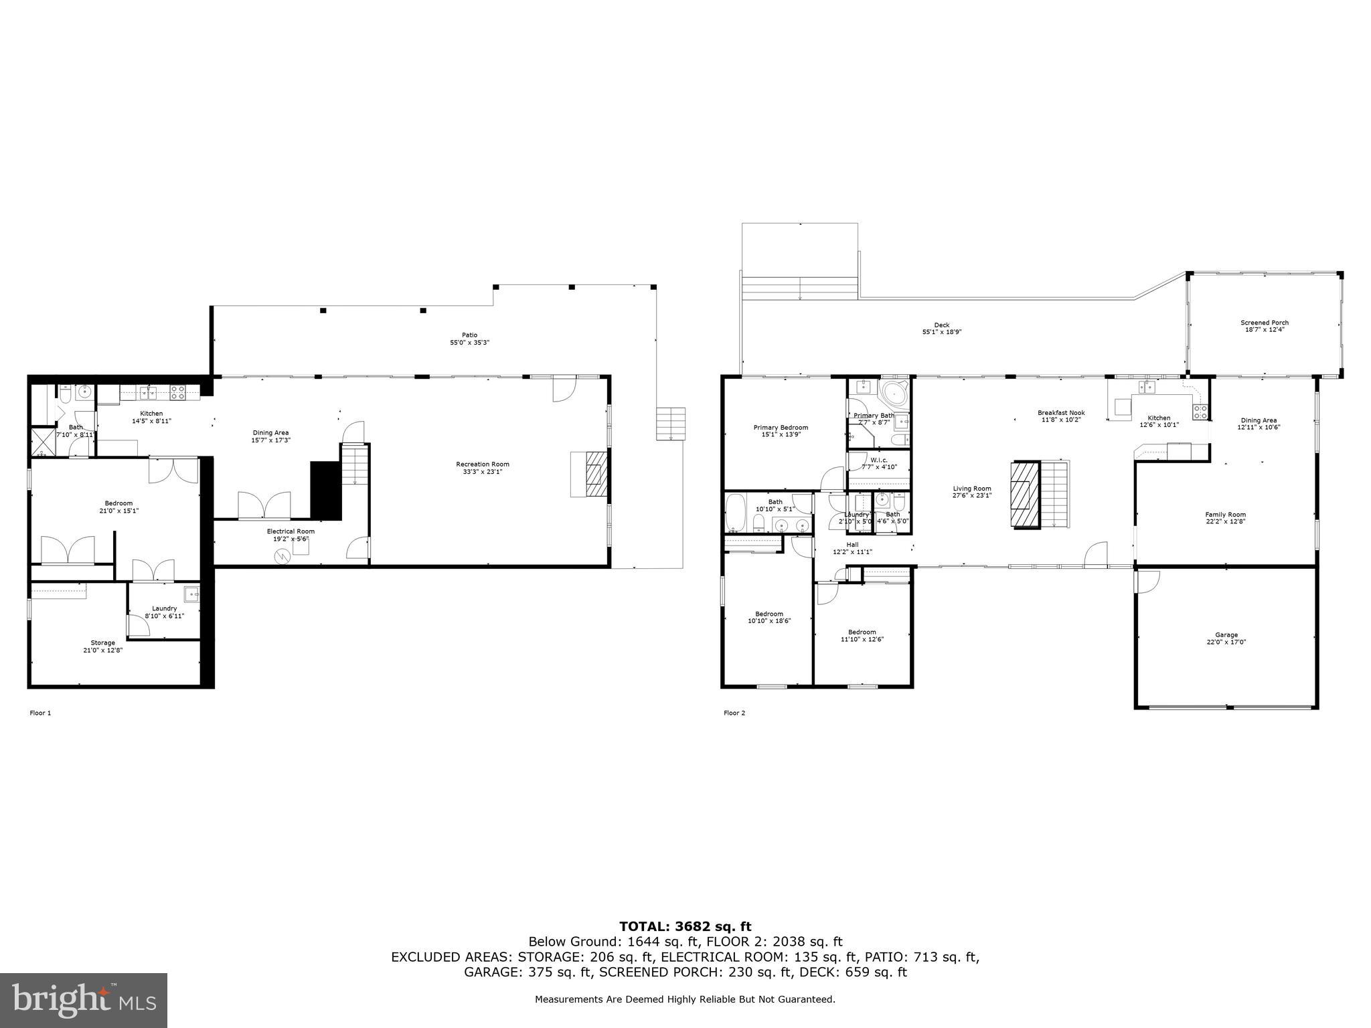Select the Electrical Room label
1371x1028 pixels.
(291, 531)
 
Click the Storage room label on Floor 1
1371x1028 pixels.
(102, 642)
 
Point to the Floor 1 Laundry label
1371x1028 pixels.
(164, 608)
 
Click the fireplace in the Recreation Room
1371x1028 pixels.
(595, 475)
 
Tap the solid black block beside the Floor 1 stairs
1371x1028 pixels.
(326, 489)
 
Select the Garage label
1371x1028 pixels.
(1226, 634)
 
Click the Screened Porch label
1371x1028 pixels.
(1264, 323)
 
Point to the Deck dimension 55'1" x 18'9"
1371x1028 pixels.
(942, 332)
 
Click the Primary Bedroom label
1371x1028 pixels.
(781, 428)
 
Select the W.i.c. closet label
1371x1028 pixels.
(879, 460)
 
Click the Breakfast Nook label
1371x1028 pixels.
(1061, 413)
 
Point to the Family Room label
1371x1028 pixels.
(1225, 514)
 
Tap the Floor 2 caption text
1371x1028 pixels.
(734, 713)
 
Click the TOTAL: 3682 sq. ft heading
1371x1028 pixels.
(685, 926)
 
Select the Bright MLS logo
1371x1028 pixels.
(84, 1001)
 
